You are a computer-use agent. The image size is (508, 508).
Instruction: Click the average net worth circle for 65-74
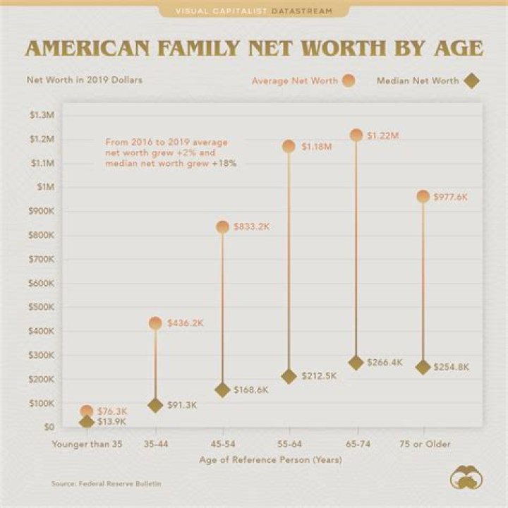(x=356, y=135)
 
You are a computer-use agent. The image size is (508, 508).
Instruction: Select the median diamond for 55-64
(x=289, y=376)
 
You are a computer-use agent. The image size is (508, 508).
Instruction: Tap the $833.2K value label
(x=252, y=226)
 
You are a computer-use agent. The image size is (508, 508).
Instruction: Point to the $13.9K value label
(x=111, y=421)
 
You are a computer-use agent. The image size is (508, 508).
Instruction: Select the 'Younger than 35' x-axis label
(x=86, y=444)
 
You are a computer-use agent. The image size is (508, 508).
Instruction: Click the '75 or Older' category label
(x=423, y=444)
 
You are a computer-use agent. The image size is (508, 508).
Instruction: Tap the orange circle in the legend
(x=348, y=80)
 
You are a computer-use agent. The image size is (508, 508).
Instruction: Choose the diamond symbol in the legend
(x=471, y=80)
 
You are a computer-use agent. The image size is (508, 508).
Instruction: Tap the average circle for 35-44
(x=155, y=323)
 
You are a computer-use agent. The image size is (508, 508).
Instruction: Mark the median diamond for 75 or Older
(x=423, y=367)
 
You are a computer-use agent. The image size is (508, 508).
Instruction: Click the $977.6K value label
(x=452, y=197)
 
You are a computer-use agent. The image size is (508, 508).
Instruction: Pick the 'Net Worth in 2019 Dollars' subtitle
(x=84, y=80)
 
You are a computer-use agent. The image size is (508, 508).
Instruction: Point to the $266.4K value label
(x=385, y=363)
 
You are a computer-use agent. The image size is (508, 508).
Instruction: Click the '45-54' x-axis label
(x=222, y=444)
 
